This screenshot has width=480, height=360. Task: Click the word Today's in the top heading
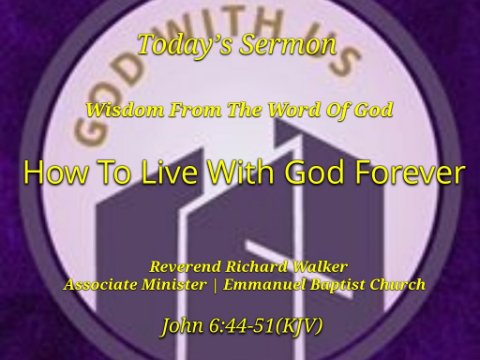[x=185, y=45]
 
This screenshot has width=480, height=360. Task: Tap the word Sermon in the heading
[x=288, y=45]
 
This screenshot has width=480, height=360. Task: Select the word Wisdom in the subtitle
[x=125, y=110]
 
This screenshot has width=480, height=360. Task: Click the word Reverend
[x=185, y=267]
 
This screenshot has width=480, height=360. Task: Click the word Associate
[x=100, y=285]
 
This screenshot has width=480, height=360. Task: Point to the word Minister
[x=174, y=285]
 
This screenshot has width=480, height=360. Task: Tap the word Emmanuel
[x=264, y=285]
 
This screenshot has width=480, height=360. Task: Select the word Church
[x=397, y=285]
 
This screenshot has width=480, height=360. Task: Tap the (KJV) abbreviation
[x=299, y=327]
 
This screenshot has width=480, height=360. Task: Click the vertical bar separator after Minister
[x=215, y=286]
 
